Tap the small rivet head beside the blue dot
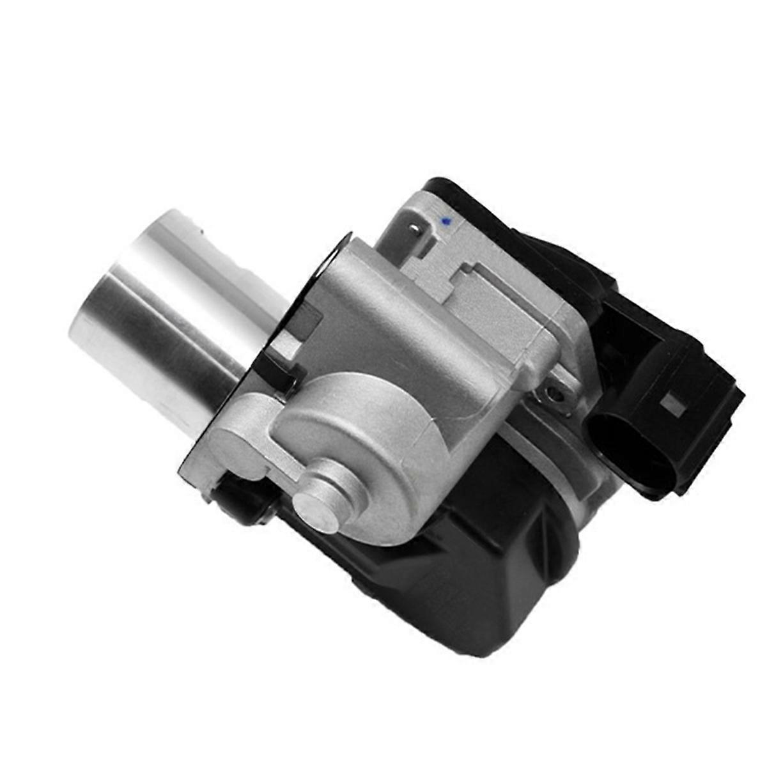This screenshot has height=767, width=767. point(417,227)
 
